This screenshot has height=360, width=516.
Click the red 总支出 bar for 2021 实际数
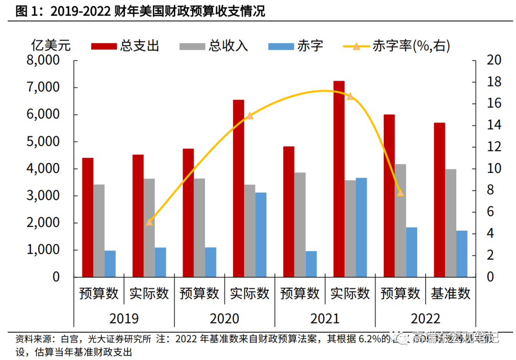339,179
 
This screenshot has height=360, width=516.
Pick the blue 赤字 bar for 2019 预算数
110,264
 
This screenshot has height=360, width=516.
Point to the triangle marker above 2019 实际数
149,222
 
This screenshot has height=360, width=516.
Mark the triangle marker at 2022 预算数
400,193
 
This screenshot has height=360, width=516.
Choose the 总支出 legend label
140,46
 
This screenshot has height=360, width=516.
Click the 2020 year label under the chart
225,318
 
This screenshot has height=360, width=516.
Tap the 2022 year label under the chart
426,318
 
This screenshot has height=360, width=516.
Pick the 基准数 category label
451,293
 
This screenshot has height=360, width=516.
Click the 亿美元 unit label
51,46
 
